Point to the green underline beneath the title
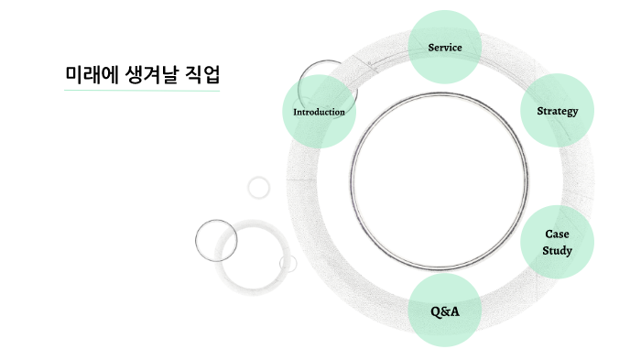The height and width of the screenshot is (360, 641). click(142, 91)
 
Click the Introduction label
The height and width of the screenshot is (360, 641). click(319, 112)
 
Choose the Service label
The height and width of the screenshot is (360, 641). click(445, 47)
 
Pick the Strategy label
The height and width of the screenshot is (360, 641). click(558, 111)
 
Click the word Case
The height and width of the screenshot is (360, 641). click(558, 234)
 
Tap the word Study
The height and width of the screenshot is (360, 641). click(558, 249)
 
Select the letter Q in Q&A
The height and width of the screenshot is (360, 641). click(436, 311)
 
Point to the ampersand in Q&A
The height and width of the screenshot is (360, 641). click(446, 311)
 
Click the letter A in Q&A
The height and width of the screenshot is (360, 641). click(455, 311)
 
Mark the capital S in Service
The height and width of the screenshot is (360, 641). click(431, 47)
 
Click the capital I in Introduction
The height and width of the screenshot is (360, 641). click(294, 112)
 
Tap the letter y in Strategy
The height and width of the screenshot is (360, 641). click(575, 113)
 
